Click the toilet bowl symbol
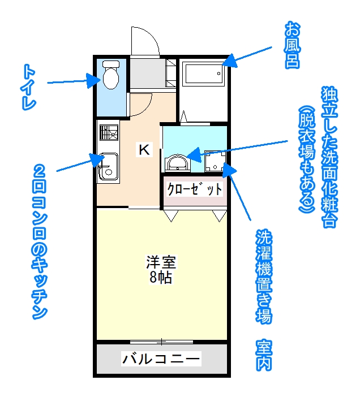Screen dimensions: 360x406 click(111, 75)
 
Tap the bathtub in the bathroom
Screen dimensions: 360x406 click(203, 74)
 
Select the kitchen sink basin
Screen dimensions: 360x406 click(108, 167)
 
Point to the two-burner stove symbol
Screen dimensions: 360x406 click(109, 132)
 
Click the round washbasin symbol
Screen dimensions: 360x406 click(177, 162)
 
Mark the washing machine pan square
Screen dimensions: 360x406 click(215, 161)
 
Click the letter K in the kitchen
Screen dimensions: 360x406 click(144, 149)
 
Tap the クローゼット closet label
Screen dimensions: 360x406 click(195, 189)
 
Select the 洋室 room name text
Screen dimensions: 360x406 click(161, 262)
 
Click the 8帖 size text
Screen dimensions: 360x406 click(161, 277)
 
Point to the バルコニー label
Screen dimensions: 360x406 click(161, 359)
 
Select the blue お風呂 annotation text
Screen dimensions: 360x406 click(292, 45)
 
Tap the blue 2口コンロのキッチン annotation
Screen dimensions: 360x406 click(40, 243)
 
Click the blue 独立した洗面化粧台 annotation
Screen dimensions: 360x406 click(329, 157)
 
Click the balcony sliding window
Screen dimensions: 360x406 click(161, 342)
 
